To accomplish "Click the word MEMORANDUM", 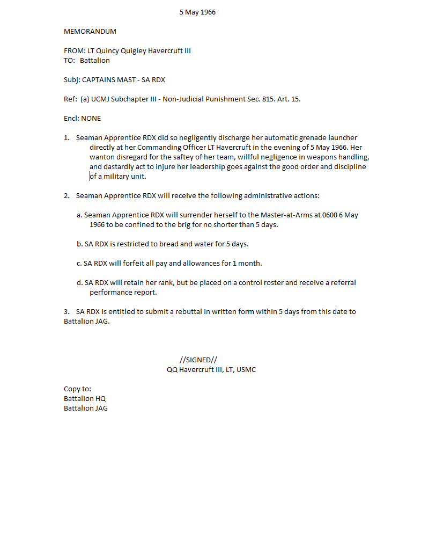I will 90,32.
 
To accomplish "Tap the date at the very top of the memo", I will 197,12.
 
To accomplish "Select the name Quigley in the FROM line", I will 133,51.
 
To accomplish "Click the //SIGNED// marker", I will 198,360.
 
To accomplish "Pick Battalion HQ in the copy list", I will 85,399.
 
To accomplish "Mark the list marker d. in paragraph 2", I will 80,283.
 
